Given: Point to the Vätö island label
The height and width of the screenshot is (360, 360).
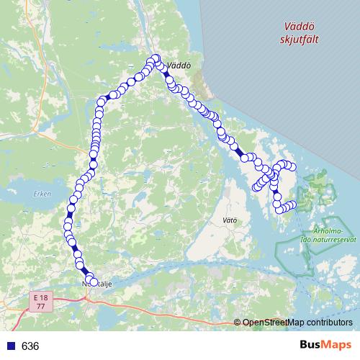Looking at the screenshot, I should coord(230,219).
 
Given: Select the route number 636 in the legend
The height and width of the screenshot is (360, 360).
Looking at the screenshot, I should coord(30,346).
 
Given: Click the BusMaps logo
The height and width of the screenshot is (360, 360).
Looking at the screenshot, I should coord(320,346).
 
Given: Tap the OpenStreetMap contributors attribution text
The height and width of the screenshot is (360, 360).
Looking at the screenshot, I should coord(297,322).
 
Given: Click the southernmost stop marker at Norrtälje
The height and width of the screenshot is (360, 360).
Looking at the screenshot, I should coord(93,282).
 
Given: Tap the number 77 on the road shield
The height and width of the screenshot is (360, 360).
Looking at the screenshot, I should coord(42,306).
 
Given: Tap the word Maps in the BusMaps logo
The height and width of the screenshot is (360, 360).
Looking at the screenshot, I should coord(330,346).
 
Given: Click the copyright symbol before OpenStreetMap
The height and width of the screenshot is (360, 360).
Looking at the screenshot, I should coord(238,323).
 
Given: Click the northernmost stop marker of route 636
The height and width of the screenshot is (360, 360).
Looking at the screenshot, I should coord(154,58).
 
